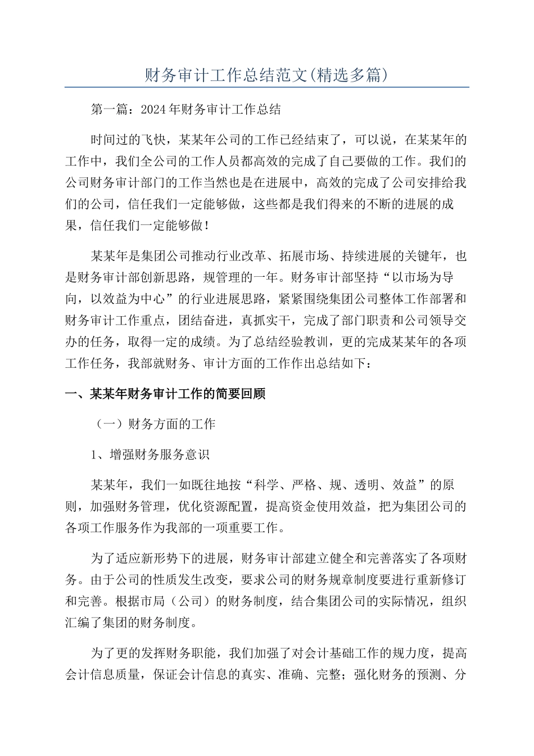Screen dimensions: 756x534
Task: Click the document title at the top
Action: point(266,75)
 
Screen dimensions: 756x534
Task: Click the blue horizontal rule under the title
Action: point(266,88)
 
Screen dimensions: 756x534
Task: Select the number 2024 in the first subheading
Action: point(153,109)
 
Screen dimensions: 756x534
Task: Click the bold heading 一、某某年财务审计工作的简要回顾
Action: point(165,394)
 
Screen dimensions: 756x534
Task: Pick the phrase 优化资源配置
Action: point(216,506)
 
